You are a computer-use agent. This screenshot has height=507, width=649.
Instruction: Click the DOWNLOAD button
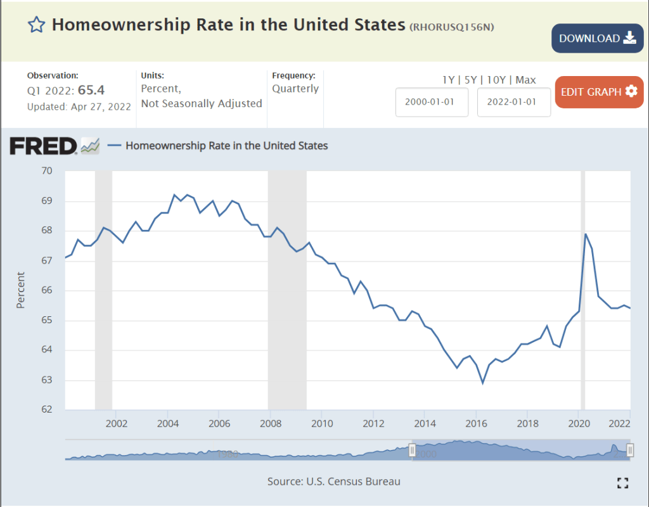click(x=597, y=38)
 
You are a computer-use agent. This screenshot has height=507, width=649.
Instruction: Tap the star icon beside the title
click(x=37, y=25)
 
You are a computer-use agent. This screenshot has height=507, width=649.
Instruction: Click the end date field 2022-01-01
click(x=513, y=102)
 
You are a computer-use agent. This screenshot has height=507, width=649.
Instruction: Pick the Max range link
click(x=525, y=80)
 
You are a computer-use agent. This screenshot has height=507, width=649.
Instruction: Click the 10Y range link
click(x=498, y=80)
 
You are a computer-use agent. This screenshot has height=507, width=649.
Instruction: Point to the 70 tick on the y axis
click(x=46, y=171)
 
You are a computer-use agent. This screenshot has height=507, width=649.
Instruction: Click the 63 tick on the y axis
click(x=46, y=380)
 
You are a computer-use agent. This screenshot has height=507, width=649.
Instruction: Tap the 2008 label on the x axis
click(x=271, y=423)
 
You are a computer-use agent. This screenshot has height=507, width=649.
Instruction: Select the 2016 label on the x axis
click(x=476, y=423)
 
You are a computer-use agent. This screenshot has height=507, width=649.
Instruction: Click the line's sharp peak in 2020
click(x=585, y=234)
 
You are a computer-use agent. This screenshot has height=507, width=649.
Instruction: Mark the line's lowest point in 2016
click(x=483, y=383)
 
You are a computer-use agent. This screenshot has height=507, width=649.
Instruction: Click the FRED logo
click(x=43, y=146)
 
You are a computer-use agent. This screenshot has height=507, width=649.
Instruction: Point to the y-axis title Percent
click(x=21, y=290)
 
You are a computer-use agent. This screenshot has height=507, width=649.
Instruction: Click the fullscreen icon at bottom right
click(x=622, y=483)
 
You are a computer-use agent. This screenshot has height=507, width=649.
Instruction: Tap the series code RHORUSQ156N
click(x=451, y=27)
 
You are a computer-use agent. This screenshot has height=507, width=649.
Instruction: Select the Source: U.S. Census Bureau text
click(x=334, y=482)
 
